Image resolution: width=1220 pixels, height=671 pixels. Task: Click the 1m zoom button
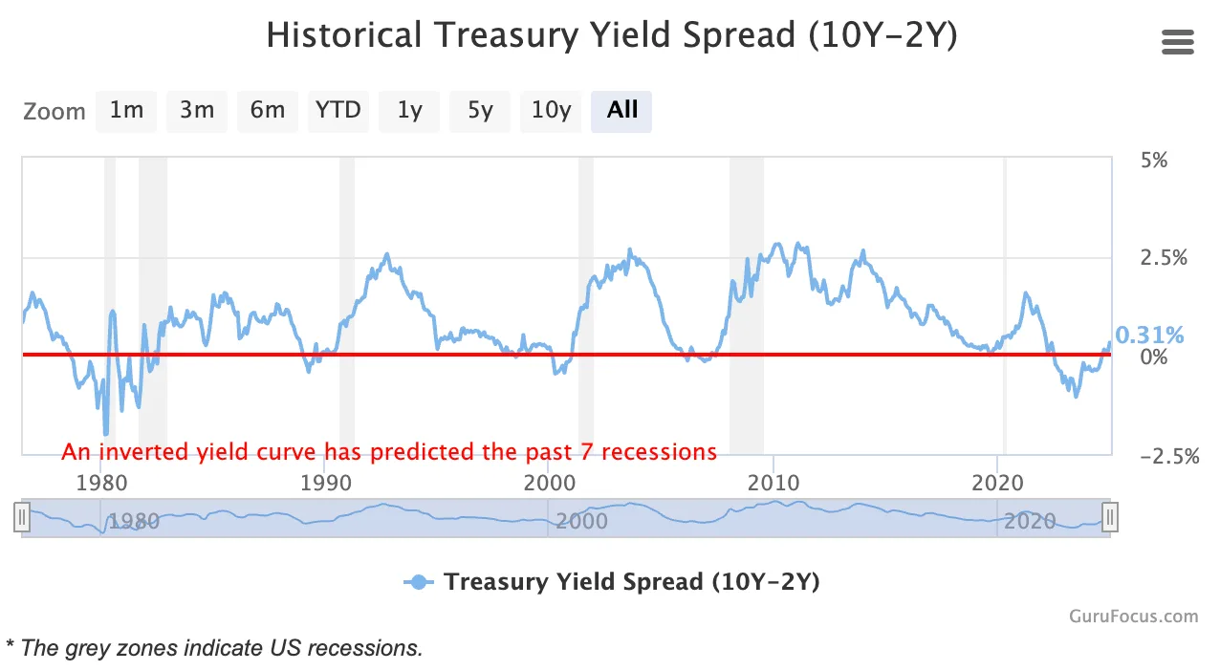click(126, 111)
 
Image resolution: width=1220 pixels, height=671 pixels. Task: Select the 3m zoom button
click(197, 111)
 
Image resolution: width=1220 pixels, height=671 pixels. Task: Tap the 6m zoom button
click(268, 111)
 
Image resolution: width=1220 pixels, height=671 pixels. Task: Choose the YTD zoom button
click(338, 111)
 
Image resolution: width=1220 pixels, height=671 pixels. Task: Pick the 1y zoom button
click(409, 111)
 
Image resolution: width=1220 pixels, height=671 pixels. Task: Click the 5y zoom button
click(480, 111)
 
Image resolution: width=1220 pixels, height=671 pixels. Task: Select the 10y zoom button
click(551, 111)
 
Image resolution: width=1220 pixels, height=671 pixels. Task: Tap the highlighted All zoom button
click(621, 111)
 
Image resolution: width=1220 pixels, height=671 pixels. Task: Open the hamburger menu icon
click(1177, 42)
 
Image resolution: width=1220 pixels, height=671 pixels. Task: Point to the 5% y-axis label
click(1154, 161)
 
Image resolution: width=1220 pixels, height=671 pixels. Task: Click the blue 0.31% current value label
click(1149, 335)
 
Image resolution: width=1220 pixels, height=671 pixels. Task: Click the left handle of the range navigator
click(23, 518)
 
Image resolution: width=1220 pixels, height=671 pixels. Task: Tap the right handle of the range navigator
click(1109, 518)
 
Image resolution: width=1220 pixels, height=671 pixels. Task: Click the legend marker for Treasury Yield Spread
click(417, 582)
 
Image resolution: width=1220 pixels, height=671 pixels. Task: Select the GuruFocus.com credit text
click(1133, 617)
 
